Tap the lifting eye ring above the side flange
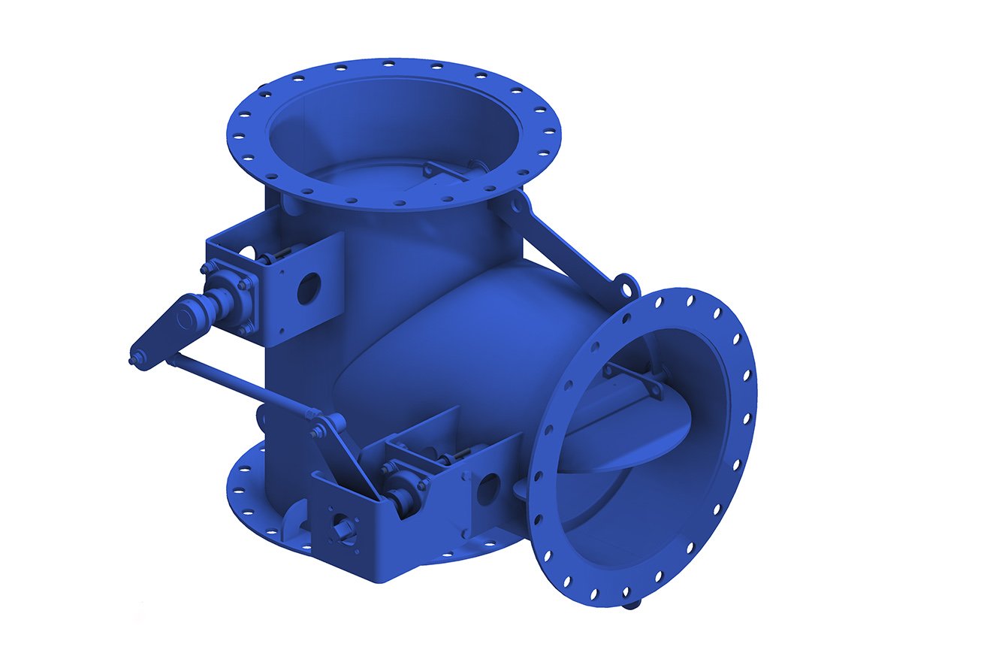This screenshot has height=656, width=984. click(x=625, y=286)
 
